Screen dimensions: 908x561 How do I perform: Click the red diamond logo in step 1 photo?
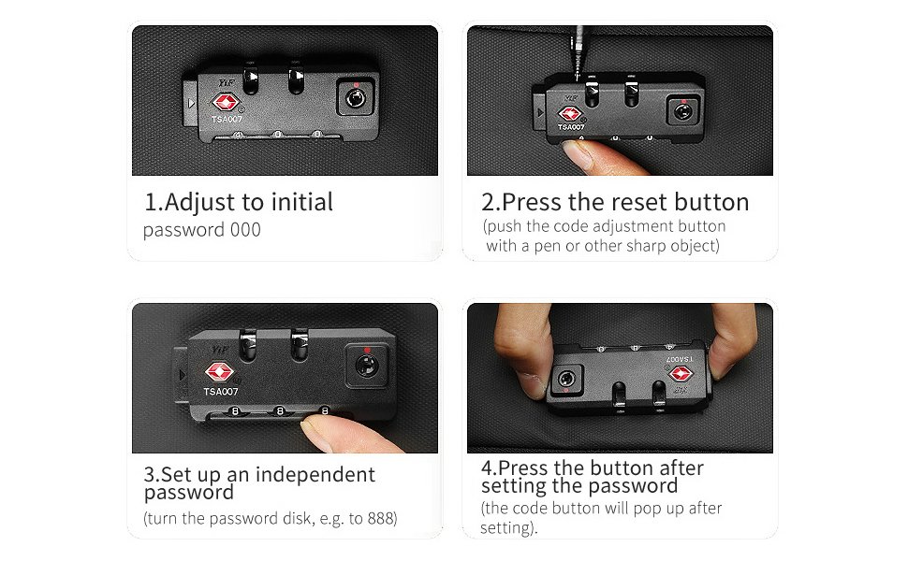(226, 104)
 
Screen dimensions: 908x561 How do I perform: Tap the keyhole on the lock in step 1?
(355, 98)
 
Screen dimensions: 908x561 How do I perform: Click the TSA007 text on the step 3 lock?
(221, 392)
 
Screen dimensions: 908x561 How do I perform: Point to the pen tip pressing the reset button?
(578, 77)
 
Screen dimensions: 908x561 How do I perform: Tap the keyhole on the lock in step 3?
(366, 367)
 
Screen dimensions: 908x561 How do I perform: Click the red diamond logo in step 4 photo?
(681, 373)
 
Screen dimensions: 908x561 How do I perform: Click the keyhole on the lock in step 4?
(565, 380)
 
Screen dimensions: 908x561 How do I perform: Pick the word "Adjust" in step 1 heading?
(200, 203)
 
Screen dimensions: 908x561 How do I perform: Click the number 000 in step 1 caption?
(245, 230)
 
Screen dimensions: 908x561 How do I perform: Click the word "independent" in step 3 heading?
(315, 475)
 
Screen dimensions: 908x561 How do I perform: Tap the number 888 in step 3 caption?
(380, 518)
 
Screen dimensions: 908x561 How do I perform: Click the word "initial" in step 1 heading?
(302, 202)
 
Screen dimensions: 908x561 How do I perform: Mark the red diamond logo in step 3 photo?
(219, 372)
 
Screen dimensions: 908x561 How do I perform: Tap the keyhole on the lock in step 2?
(682, 111)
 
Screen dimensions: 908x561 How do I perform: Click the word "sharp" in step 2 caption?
(646, 247)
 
